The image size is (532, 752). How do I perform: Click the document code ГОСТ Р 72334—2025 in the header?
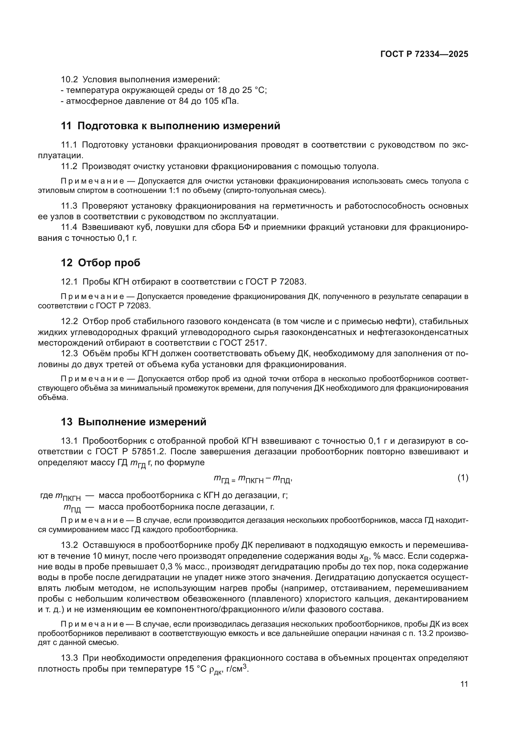pos(424,54)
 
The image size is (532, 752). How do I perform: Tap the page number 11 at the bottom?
pos(464,684)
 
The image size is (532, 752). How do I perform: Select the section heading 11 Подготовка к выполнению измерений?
pos(170,126)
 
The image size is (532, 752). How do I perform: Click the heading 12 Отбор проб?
pos(101,262)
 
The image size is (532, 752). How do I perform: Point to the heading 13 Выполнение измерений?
pos(134,422)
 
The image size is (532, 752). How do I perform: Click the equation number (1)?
pos(463,478)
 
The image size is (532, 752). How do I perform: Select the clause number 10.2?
pos(69,80)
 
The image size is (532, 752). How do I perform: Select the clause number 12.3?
pos(69,354)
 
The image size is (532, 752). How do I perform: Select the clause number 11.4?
pos(69,227)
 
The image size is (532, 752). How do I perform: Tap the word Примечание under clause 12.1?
pos(92,297)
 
